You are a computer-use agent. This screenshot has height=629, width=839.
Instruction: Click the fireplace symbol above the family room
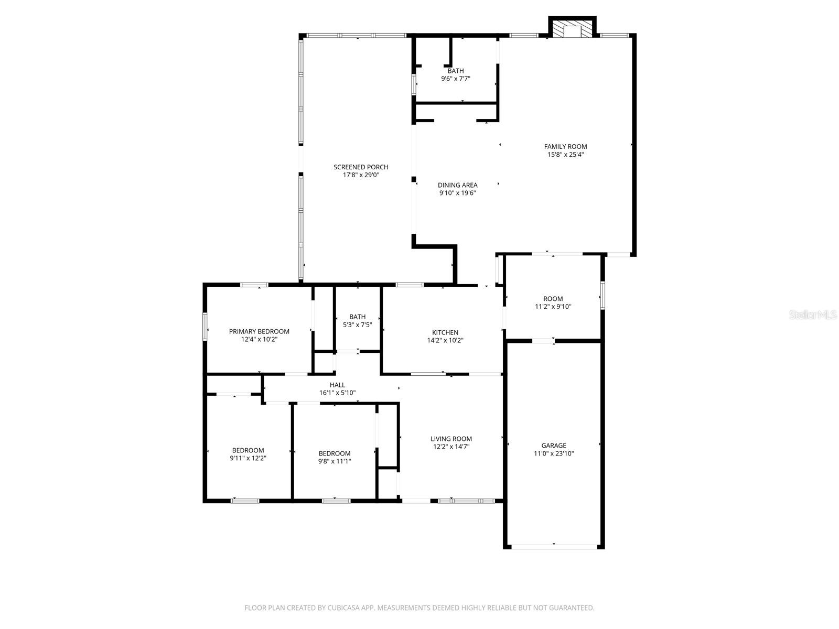click(573, 29)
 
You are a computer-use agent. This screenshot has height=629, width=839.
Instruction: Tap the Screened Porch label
click(361, 167)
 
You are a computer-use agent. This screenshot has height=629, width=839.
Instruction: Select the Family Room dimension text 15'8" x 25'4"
click(565, 155)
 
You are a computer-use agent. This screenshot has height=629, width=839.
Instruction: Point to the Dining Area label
click(457, 185)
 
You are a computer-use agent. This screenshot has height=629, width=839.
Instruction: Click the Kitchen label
click(445, 332)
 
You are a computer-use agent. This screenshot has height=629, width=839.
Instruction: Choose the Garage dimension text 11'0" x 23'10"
click(554, 454)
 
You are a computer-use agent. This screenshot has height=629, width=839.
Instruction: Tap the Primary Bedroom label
click(259, 331)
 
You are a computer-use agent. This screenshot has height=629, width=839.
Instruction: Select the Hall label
click(337, 385)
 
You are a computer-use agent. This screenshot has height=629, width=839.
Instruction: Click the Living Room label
click(451, 439)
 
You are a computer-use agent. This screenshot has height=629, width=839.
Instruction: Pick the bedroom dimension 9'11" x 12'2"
click(248, 458)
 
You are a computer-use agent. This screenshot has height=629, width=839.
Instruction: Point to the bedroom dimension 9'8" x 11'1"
click(335, 461)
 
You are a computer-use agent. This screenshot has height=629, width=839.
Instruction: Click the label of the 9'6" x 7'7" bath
click(456, 71)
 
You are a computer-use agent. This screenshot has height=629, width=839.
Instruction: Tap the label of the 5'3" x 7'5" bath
click(358, 317)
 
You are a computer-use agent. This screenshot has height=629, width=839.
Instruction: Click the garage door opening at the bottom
click(554, 547)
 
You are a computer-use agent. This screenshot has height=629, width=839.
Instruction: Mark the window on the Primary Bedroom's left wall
click(205, 327)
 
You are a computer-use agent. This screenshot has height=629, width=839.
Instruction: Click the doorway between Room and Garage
click(543, 341)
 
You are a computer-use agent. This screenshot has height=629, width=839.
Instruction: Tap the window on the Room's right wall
click(603, 295)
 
